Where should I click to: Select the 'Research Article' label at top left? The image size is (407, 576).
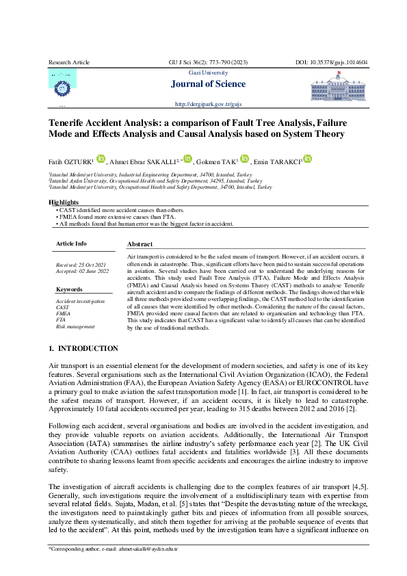(x=69, y=62)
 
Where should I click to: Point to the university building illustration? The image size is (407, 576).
(x=339, y=88)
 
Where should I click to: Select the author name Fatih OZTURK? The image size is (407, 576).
(x=70, y=162)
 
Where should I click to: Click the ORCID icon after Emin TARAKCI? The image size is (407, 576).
(x=308, y=159)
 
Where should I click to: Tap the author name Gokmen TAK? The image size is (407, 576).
(x=218, y=162)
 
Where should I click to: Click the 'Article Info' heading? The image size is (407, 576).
(x=71, y=244)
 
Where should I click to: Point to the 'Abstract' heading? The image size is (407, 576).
(x=140, y=244)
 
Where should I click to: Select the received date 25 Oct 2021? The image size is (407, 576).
(x=81, y=264)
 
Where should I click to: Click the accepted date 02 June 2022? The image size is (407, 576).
(x=82, y=271)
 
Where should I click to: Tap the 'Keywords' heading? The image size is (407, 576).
(x=69, y=289)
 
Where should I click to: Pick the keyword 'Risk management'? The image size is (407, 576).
(x=75, y=327)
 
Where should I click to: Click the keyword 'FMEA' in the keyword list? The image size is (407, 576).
(x=62, y=313)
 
